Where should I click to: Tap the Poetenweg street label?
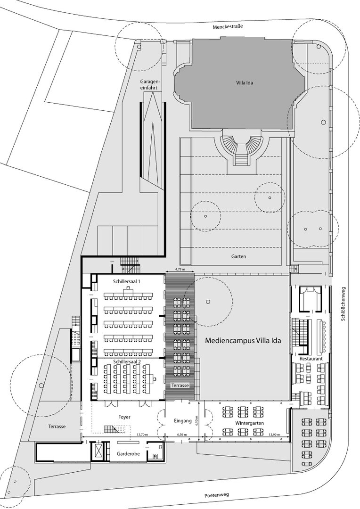coord(217,495)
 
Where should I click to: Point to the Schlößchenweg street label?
coord(343,304)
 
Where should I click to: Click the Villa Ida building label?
coord(245,83)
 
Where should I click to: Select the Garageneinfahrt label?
coord(150,84)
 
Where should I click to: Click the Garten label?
coord(238,256)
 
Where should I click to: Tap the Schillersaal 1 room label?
coord(127,281)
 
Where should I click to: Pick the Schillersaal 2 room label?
coord(127,361)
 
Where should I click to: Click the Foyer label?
coord(124,417)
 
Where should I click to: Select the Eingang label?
coord(182,421)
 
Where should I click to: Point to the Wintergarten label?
coord(250,423)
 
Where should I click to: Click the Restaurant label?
coord(311,359)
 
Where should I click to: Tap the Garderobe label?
coord(129,453)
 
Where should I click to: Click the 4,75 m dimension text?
coord(180,270)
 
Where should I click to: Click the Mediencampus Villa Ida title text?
coord(243,341)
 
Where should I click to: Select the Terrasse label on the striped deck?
coord(180,386)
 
